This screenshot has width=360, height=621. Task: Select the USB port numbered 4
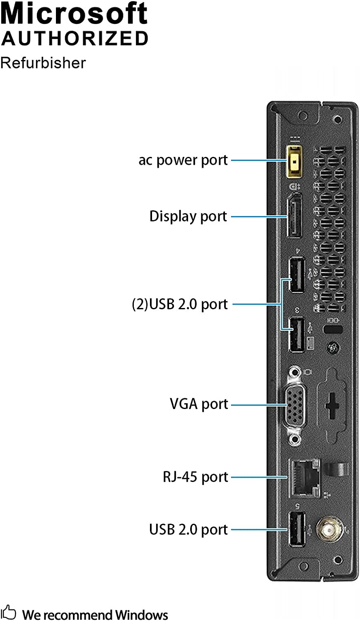(296, 275)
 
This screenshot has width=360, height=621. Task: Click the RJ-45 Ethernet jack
(304, 477)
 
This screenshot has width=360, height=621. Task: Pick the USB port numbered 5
(296, 529)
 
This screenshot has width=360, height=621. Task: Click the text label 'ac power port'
(183, 160)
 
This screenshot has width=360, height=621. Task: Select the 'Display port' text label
(188, 216)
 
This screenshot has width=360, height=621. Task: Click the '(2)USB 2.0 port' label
(180, 304)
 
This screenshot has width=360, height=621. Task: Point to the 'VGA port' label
(199, 404)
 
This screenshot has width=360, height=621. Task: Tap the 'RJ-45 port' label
(195, 477)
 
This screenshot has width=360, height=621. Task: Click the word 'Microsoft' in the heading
(74, 13)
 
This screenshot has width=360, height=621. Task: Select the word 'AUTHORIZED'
(75, 39)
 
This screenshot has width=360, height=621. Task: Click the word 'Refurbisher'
(43, 63)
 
